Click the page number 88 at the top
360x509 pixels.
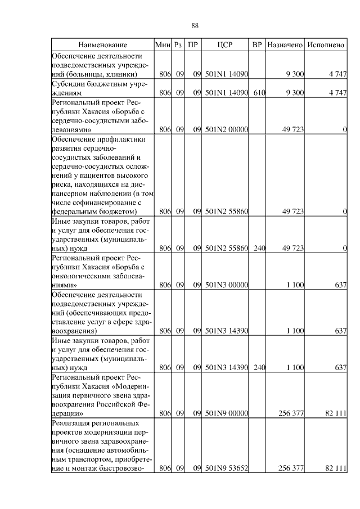(195, 26)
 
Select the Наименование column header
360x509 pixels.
(103, 44)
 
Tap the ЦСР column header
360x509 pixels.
(227, 44)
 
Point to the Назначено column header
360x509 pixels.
(285, 44)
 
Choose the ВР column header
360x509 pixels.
(258, 44)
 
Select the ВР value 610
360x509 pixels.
(259, 93)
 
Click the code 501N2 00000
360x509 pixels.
(227, 130)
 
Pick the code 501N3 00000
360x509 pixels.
(227, 285)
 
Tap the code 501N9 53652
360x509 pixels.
(227, 467)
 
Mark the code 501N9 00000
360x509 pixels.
(227, 413)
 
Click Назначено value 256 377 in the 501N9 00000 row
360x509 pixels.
(291, 413)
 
